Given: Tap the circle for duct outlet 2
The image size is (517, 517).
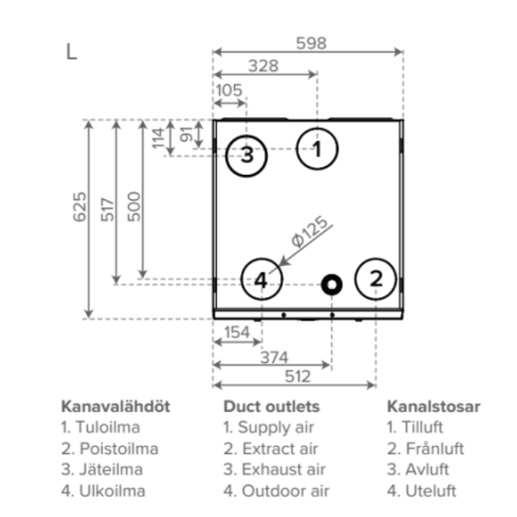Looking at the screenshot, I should pos(376,279).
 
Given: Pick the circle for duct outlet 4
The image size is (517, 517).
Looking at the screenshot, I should pos(261,280).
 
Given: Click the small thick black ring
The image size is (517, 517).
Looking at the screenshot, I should pos(332,285).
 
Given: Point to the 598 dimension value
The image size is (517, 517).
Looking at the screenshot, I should pos(311,44).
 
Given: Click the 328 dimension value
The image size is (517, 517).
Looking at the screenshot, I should pos(264,66).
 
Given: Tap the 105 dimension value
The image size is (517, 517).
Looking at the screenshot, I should pos(228,89).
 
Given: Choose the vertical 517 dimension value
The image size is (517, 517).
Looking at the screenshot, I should pos(107,207).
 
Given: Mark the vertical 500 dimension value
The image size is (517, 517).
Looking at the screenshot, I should pos(134,207).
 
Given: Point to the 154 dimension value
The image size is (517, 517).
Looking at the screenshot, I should pos(236,333).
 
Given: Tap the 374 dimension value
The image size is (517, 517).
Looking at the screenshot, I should pos(273,357).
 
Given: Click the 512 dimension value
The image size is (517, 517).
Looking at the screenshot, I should pos(295,376).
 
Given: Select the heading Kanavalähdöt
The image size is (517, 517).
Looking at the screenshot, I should pos(115,407).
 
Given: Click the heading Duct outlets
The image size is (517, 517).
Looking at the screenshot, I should pos(271,407).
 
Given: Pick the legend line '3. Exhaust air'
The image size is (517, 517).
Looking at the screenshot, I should pos(274,470).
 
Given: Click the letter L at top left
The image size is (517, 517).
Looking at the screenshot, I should pos(72,52).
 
